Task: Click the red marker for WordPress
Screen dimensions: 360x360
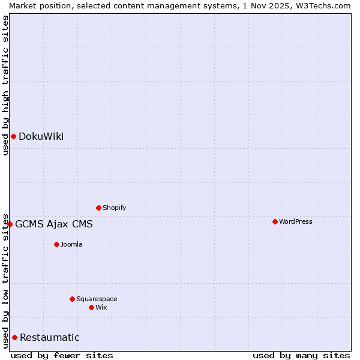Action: [275, 221]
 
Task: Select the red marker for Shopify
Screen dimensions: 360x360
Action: [99, 208]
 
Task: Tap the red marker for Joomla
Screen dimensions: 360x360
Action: [57, 244]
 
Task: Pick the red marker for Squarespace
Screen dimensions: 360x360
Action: [73, 299]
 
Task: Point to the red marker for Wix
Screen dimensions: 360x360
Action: [92, 307]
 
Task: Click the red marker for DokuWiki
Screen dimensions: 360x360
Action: [13, 136]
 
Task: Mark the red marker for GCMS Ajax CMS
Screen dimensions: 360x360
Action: [10, 224]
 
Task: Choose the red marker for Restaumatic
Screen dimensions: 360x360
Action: [14, 337]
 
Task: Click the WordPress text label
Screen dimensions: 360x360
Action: [296, 221]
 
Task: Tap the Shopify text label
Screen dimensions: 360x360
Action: [115, 208]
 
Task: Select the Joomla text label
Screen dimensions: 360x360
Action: [71, 244]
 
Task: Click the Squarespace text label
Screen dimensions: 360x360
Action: [97, 299]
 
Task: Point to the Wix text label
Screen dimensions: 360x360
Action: [101, 307]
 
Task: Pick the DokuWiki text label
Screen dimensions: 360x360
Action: [41, 136]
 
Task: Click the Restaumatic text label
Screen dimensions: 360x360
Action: [50, 337]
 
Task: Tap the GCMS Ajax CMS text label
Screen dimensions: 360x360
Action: [54, 224]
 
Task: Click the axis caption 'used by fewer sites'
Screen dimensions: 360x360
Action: [62, 355]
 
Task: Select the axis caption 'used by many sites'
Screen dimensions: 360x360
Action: [301, 355]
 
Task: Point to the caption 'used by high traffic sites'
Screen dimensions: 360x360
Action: [5, 85]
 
